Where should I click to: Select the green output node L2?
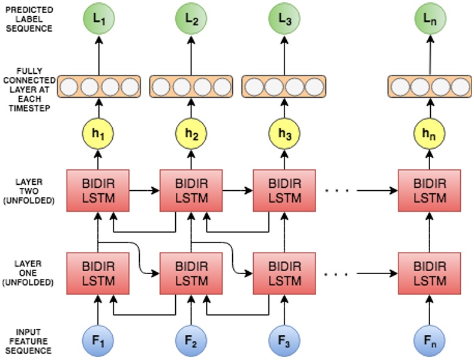click(191, 19)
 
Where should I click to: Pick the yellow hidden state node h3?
click(284, 133)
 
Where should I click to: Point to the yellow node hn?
click(430, 133)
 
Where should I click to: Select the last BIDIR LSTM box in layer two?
click(430, 190)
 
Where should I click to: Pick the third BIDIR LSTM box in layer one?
click(284, 273)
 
